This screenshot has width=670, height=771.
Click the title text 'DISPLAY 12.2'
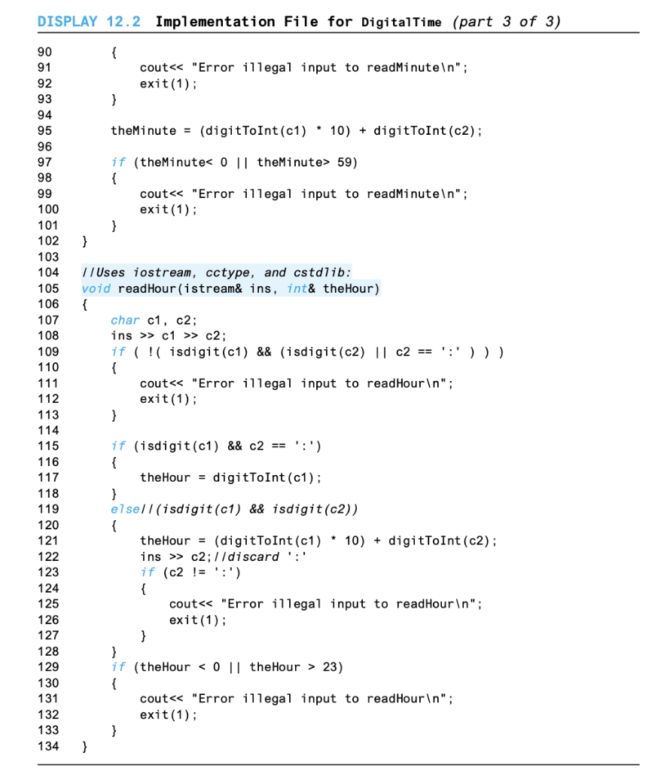89,21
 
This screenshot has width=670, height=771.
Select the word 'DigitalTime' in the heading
401,22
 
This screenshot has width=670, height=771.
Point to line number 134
48,747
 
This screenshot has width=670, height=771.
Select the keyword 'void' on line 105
96,289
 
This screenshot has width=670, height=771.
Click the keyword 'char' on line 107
125,321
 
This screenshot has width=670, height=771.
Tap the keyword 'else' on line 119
125,509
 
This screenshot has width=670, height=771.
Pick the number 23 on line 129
333,667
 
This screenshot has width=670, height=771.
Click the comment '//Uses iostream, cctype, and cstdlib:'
216,273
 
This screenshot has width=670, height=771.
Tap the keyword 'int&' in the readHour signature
301,289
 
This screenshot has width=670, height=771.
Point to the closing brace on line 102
84,242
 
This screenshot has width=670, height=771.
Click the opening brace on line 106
84,305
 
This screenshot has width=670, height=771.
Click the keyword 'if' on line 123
147,573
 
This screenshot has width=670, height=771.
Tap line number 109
48,352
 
